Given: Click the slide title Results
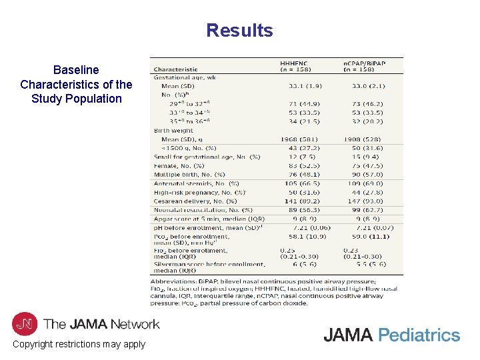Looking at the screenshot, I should tap(239, 31).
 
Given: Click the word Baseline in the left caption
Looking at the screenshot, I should tap(76, 70).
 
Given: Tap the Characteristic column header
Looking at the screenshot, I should tap(176, 69).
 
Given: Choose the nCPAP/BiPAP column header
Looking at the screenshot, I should tap(364, 63).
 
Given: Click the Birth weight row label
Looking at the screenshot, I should tap(174, 131).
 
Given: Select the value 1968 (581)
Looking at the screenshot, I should tap(304, 139).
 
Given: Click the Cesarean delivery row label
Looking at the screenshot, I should tap(195, 201).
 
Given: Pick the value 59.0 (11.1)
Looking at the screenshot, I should tap(366, 236).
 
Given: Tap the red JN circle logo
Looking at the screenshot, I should tap(25, 324).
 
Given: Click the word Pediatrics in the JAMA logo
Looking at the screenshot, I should tap(419, 335).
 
